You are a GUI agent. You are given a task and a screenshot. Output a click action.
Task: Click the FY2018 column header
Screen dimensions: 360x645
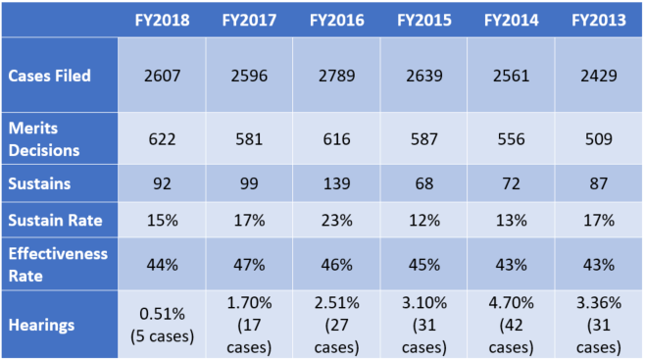click(x=165, y=20)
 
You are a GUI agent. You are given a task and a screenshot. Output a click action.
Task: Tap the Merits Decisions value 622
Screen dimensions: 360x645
click(x=165, y=139)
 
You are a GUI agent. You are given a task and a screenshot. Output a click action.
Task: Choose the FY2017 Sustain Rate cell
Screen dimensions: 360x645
click(x=251, y=222)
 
